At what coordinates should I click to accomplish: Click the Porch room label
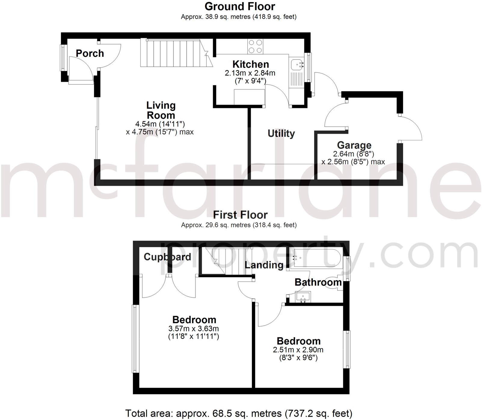[x=90, y=54]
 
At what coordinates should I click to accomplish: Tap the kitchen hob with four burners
[x=255, y=47]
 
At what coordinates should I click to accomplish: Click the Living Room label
[x=161, y=110]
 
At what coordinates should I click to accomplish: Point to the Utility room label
[x=281, y=133]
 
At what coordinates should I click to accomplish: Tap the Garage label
[x=354, y=145]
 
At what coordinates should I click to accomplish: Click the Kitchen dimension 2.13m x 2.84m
[x=250, y=73]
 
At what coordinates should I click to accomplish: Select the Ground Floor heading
[x=240, y=6]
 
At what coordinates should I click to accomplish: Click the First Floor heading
[x=240, y=215]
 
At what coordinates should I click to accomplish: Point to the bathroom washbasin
[x=303, y=296]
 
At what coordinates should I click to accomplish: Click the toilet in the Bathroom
[x=335, y=283]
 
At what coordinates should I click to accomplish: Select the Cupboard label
[x=167, y=257]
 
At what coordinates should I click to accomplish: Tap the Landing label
[x=264, y=265]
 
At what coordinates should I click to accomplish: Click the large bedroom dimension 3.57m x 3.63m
[x=194, y=329]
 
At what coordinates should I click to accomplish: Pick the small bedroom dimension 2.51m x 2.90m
[x=298, y=350]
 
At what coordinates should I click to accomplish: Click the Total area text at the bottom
[x=238, y=414]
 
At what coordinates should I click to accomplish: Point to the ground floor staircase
[x=174, y=54]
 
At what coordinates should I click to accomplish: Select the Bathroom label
[x=318, y=282]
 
